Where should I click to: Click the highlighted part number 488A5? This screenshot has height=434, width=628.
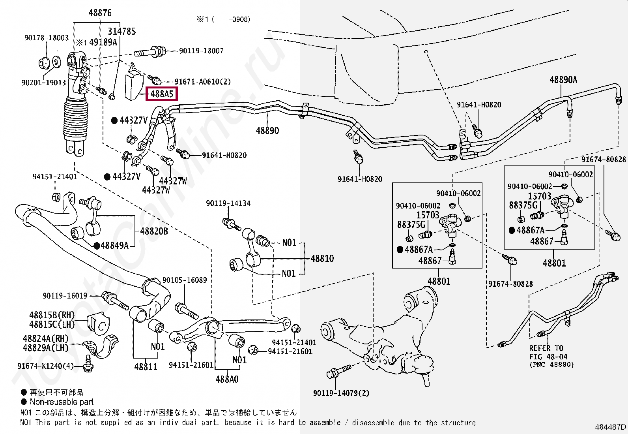[x=162, y=94]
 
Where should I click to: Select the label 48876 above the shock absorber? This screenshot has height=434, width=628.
[x=100, y=13]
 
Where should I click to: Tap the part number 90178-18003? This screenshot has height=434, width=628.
[x=47, y=38]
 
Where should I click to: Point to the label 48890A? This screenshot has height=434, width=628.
[x=563, y=80]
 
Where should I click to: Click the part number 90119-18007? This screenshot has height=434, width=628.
[x=201, y=51]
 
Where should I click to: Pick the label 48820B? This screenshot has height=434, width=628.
[x=154, y=231]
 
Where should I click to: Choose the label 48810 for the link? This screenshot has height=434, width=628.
[x=322, y=259]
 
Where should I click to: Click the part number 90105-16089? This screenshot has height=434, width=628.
[x=185, y=280]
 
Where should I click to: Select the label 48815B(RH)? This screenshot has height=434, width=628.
[x=52, y=315]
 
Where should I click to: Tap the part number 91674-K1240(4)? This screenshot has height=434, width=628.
[x=45, y=366]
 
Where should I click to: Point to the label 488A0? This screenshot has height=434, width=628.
[x=227, y=380]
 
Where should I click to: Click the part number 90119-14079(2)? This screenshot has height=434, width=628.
[x=341, y=393]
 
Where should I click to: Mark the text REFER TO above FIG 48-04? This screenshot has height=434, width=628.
[x=546, y=348]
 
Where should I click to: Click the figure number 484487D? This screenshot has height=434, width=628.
[x=610, y=427]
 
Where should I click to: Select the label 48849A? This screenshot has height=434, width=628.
[x=114, y=246]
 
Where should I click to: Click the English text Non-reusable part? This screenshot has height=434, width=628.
[x=62, y=402]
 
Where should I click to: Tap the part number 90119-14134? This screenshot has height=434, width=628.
[x=228, y=204]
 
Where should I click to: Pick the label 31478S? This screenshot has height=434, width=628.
[x=122, y=32]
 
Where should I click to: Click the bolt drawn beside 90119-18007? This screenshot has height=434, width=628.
[x=150, y=52]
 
